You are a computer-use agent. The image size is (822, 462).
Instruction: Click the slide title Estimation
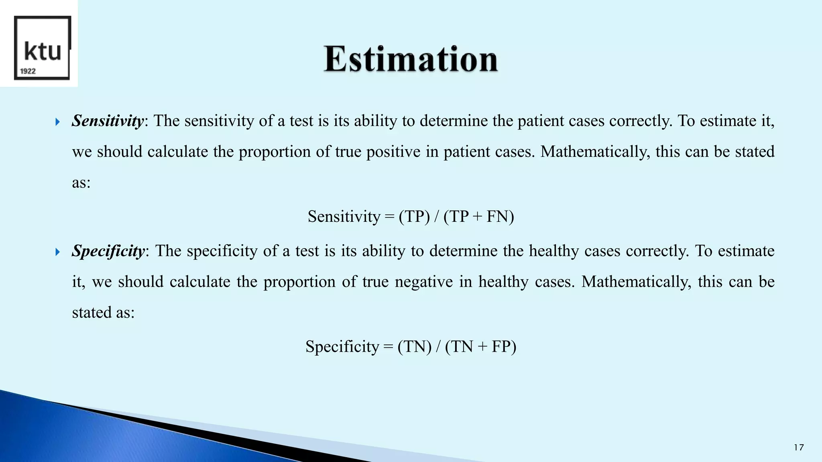pos(411,59)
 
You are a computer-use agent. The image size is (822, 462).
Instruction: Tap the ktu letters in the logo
pos(43,51)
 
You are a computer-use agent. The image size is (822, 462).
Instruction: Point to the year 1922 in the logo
pos(28,71)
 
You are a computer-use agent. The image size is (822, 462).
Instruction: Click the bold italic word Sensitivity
pos(107,121)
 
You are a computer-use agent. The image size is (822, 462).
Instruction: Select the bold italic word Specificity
pos(108,251)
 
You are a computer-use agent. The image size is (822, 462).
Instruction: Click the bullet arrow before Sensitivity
pos(57,122)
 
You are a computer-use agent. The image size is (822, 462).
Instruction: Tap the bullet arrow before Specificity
pos(57,252)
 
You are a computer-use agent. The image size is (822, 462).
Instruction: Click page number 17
pos(799,448)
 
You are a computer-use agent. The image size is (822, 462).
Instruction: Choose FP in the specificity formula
pos(501,346)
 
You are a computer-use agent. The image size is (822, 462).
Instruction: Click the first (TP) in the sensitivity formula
pos(414,217)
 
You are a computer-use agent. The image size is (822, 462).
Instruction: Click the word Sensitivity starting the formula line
pos(344,217)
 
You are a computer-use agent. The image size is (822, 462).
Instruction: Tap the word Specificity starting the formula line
pos(342,346)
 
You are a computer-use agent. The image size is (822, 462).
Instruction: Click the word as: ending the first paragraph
pos(81,183)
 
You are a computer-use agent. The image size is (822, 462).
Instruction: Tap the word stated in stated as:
pos(92,312)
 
